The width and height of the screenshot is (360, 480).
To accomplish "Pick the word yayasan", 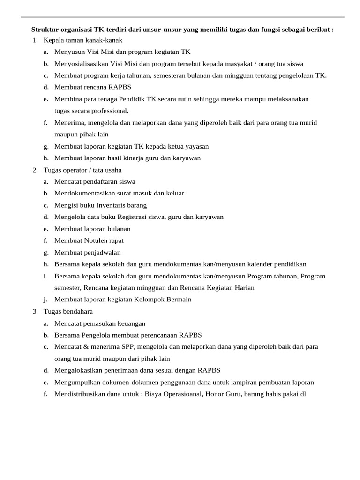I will coord(196,146).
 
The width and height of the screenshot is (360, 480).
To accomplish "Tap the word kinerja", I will coord(139,158).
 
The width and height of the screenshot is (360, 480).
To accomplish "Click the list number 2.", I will coord(35,170).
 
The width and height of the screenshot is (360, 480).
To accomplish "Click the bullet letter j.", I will coord(46,300).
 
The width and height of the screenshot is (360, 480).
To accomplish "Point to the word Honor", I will coord(210,394).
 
